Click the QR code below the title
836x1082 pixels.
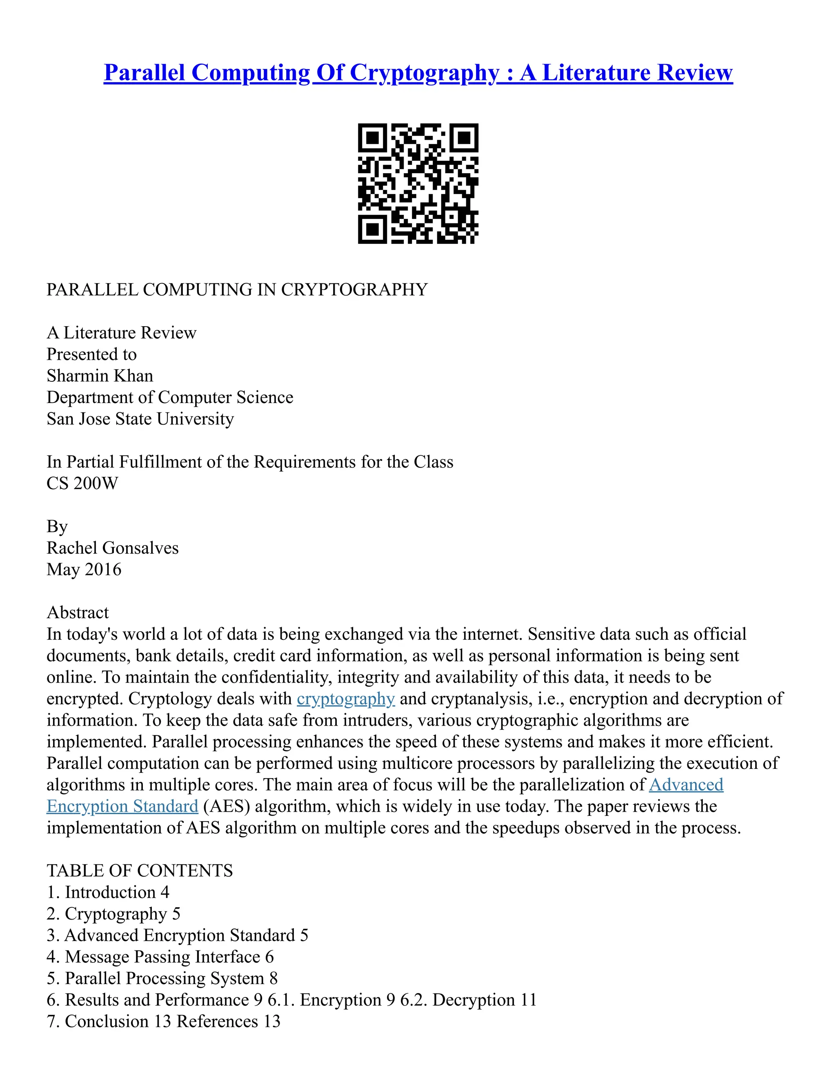click(418, 183)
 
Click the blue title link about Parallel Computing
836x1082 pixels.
click(418, 73)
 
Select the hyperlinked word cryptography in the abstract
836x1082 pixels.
click(346, 699)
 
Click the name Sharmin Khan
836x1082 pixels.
click(100, 376)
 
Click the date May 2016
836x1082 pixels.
click(84, 570)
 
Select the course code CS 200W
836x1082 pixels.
click(82, 483)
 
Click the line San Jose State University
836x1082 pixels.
click(140, 419)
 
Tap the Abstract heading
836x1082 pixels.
click(78, 613)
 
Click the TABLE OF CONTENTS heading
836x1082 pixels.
click(140, 871)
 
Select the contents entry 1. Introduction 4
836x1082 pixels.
click(108, 892)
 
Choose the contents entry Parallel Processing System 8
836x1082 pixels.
click(162, 978)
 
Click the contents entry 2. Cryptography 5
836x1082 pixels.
click(113, 914)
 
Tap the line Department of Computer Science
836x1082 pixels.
click(170, 397)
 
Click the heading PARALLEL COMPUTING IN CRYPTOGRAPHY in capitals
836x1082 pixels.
click(237, 290)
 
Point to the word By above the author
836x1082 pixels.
click(57, 527)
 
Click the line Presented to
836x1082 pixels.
click(91, 354)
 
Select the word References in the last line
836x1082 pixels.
click(218, 1022)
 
